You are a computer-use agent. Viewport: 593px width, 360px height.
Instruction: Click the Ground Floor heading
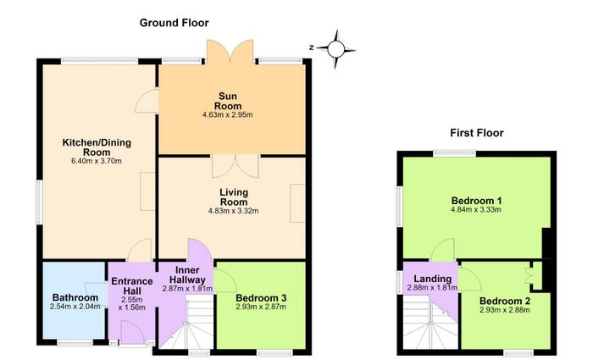[x=174, y=23]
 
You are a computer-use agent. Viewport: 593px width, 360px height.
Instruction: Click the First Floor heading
[x=476, y=133]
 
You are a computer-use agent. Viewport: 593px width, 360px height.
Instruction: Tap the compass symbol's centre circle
[x=335, y=49]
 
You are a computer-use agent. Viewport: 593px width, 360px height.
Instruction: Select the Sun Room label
[x=228, y=101]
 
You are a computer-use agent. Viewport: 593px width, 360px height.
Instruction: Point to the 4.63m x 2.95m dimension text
[x=228, y=114]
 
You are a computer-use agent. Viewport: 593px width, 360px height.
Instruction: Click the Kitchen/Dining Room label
[x=97, y=147]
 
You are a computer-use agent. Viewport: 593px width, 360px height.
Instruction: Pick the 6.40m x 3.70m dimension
[x=97, y=161]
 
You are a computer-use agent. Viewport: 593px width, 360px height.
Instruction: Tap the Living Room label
[x=234, y=197]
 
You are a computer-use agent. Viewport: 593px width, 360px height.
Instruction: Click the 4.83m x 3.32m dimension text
[x=233, y=211]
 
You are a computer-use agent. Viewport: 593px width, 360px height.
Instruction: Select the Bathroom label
[x=75, y=297]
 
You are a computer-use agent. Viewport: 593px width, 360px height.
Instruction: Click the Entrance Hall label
[x=132, y=286]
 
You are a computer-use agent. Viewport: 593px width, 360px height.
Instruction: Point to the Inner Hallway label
[x=187, y=275]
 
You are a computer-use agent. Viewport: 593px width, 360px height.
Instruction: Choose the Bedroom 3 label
[x=261, y=298]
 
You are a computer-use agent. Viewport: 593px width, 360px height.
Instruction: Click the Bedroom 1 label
[x=476, y=201]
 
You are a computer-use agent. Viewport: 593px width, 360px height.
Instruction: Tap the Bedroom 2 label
[x=505, y=302]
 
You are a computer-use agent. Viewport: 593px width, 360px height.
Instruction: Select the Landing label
[x=432, y=279]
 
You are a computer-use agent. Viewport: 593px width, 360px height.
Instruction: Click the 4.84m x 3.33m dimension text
[x=476, y=210]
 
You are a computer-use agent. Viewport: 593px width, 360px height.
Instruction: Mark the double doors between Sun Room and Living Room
[x=236, y=166]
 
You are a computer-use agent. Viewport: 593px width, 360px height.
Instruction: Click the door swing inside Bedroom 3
[x=225, y=280]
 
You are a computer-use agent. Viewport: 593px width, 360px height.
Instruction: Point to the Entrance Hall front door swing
[x=132, y=333]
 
